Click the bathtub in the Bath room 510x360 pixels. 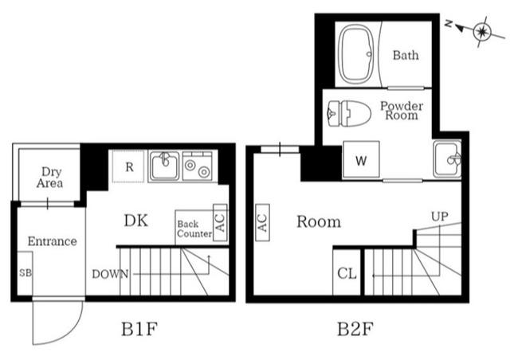(x=359, y=55)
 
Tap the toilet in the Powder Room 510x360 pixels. (x=351, y=114)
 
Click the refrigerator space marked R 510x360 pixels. (x=128, y=166)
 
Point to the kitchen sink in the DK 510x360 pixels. (x=164, y=166)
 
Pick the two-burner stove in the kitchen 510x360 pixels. (x=196, y=166)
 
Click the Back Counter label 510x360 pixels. (x=194, y=229)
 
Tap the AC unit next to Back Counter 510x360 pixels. (x=221, y=222)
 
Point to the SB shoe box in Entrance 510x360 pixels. (x=24, y=272)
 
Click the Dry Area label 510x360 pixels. (x=49, y=177)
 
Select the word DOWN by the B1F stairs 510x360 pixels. (x=110, y=274)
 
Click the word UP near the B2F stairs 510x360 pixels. (x=439, y=216)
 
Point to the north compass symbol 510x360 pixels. (x=481, y=32)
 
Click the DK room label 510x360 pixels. (x=136, y=221)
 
